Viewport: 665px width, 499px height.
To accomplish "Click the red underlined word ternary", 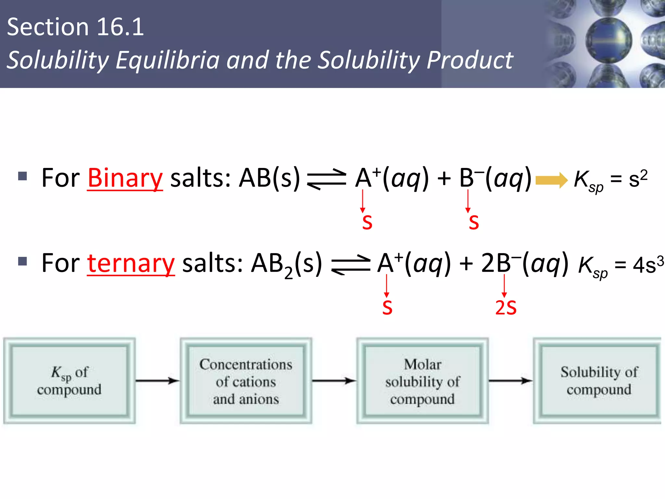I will click(x=131, y=263).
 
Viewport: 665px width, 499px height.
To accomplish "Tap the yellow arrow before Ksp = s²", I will click(x=551, y=180).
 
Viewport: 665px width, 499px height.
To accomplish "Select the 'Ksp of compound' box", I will click(x=69, y=381).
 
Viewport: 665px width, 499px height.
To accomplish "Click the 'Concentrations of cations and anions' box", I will click(x=246, y=381).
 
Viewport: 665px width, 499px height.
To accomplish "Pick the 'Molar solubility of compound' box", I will click(x=422, y=381).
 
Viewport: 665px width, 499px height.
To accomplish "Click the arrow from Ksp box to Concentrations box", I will click(x=157, y=380).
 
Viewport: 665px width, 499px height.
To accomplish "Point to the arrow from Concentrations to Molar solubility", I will click(x=334, y=380).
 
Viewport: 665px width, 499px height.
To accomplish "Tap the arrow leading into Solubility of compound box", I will click(x=511, y=380).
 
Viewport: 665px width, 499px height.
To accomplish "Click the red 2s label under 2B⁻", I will click(x=506, y=308).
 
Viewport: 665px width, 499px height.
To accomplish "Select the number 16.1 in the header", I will click(x=120, y=27).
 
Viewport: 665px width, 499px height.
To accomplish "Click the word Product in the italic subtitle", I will click(x=470, y=60).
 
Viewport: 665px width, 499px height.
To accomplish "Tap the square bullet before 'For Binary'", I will click(x=22, y=176).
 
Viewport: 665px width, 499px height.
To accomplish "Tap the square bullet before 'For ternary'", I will click(x=22, y=261).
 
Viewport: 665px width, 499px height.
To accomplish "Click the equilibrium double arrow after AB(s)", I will click(x=327, y=179).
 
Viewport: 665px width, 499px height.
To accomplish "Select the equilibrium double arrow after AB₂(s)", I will click(x=351, y=264).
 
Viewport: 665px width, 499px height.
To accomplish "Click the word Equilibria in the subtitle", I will click(x=168, y=60).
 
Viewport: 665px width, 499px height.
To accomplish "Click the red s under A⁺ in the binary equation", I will click(x=367, y=223).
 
